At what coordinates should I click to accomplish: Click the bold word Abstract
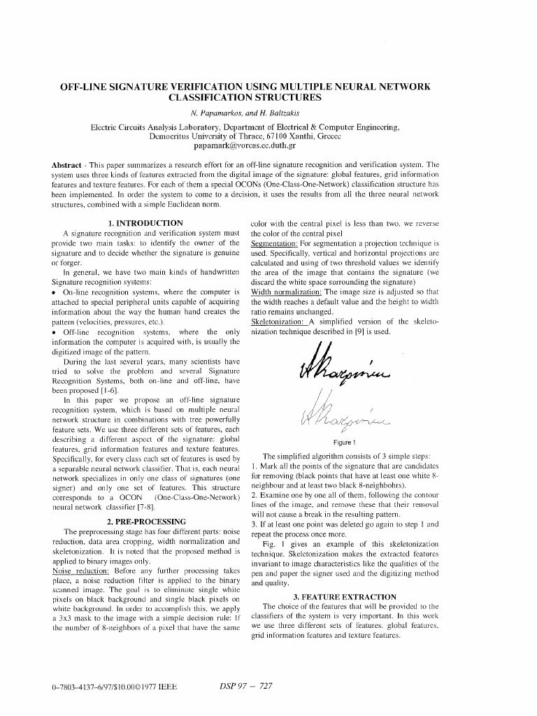67,165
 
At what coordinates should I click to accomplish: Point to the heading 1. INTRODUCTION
145,223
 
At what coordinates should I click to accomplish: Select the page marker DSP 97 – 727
241,687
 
